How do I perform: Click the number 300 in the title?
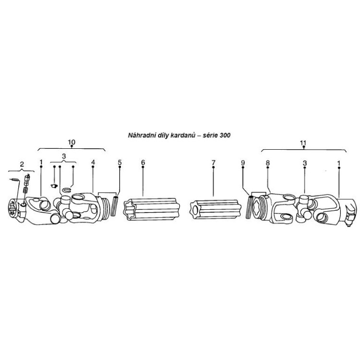coord(225,135)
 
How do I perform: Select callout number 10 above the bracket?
coord(72,142)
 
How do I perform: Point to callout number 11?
coord(303,143)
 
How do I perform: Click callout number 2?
coord(22,164)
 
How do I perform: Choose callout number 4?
coord(93,162)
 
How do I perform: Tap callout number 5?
coord(120,162)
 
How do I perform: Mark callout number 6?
coord(143,162)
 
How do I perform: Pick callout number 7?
coord(214,163)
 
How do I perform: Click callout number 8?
coord(267,163)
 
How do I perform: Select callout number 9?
coord(243,163)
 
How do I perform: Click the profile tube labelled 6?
coord(152,209)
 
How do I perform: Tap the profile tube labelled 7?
coord(216,209)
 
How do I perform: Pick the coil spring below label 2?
coord(26,190)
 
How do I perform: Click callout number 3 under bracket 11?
coord(305,163)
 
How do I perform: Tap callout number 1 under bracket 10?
coord(41,162)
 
